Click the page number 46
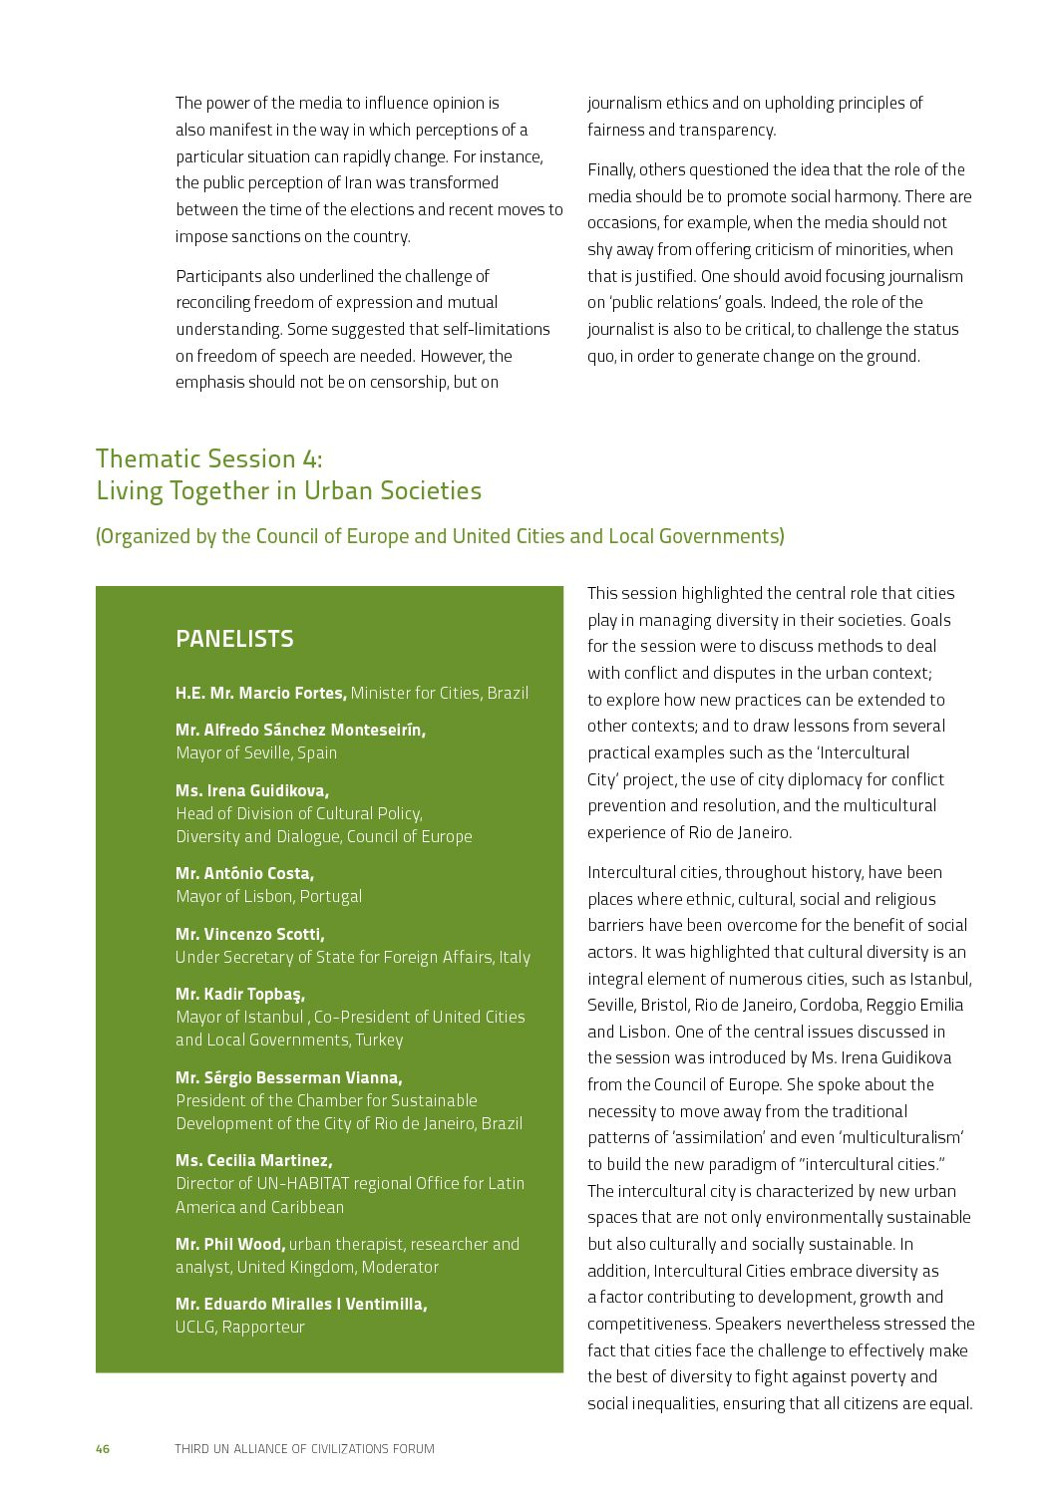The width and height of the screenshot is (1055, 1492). pos(103,1448)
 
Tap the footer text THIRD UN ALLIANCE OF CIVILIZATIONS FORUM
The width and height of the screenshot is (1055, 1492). pos(304,1448)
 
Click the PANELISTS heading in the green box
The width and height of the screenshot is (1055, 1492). pos(234,639)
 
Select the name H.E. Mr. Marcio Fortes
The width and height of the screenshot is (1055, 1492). pos(261,693)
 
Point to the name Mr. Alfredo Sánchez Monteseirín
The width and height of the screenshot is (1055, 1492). pos(300,730)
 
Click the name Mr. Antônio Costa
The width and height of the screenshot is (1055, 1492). pos(244,873)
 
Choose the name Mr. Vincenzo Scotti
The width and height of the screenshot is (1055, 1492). pos(249,934)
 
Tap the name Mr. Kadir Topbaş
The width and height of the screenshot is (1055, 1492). pos(240,994)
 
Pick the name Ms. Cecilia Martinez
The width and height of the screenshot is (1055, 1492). pos(253,1160)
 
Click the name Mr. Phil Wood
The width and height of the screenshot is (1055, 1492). pos(230,1244)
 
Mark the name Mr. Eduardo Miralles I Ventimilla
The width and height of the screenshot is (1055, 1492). pos(301,1304)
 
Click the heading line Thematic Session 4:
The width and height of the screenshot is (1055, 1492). pos(209,458)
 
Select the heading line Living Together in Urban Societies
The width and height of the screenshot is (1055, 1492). pos(288,490)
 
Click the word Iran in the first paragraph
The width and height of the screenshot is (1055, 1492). pos(359,182)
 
